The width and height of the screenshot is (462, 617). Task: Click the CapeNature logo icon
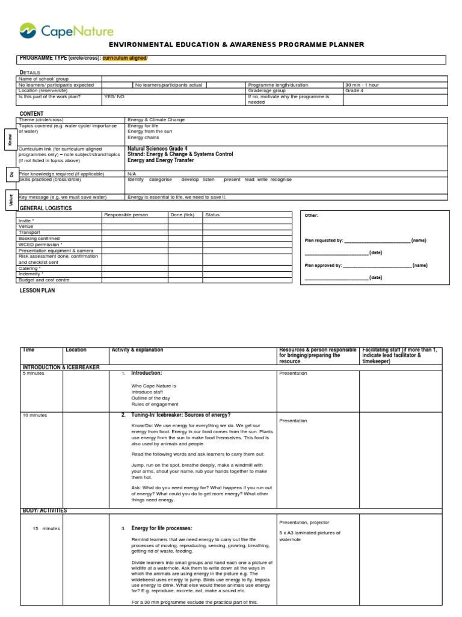[28, 30]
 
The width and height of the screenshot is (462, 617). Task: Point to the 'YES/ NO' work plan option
[114, 96]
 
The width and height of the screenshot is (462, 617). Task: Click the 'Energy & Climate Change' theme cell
[156, 120]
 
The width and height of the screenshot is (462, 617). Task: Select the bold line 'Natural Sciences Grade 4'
[157, 148]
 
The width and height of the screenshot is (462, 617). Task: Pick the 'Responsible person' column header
[126, 215]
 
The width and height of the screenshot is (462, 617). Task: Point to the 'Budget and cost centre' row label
[44, 280]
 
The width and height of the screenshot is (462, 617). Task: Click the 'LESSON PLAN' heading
[37, 290]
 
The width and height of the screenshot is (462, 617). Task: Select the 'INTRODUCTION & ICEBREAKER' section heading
[61, 367]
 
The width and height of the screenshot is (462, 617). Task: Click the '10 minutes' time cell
[35, 415]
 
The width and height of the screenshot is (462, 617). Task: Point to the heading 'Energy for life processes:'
[161, 528]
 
